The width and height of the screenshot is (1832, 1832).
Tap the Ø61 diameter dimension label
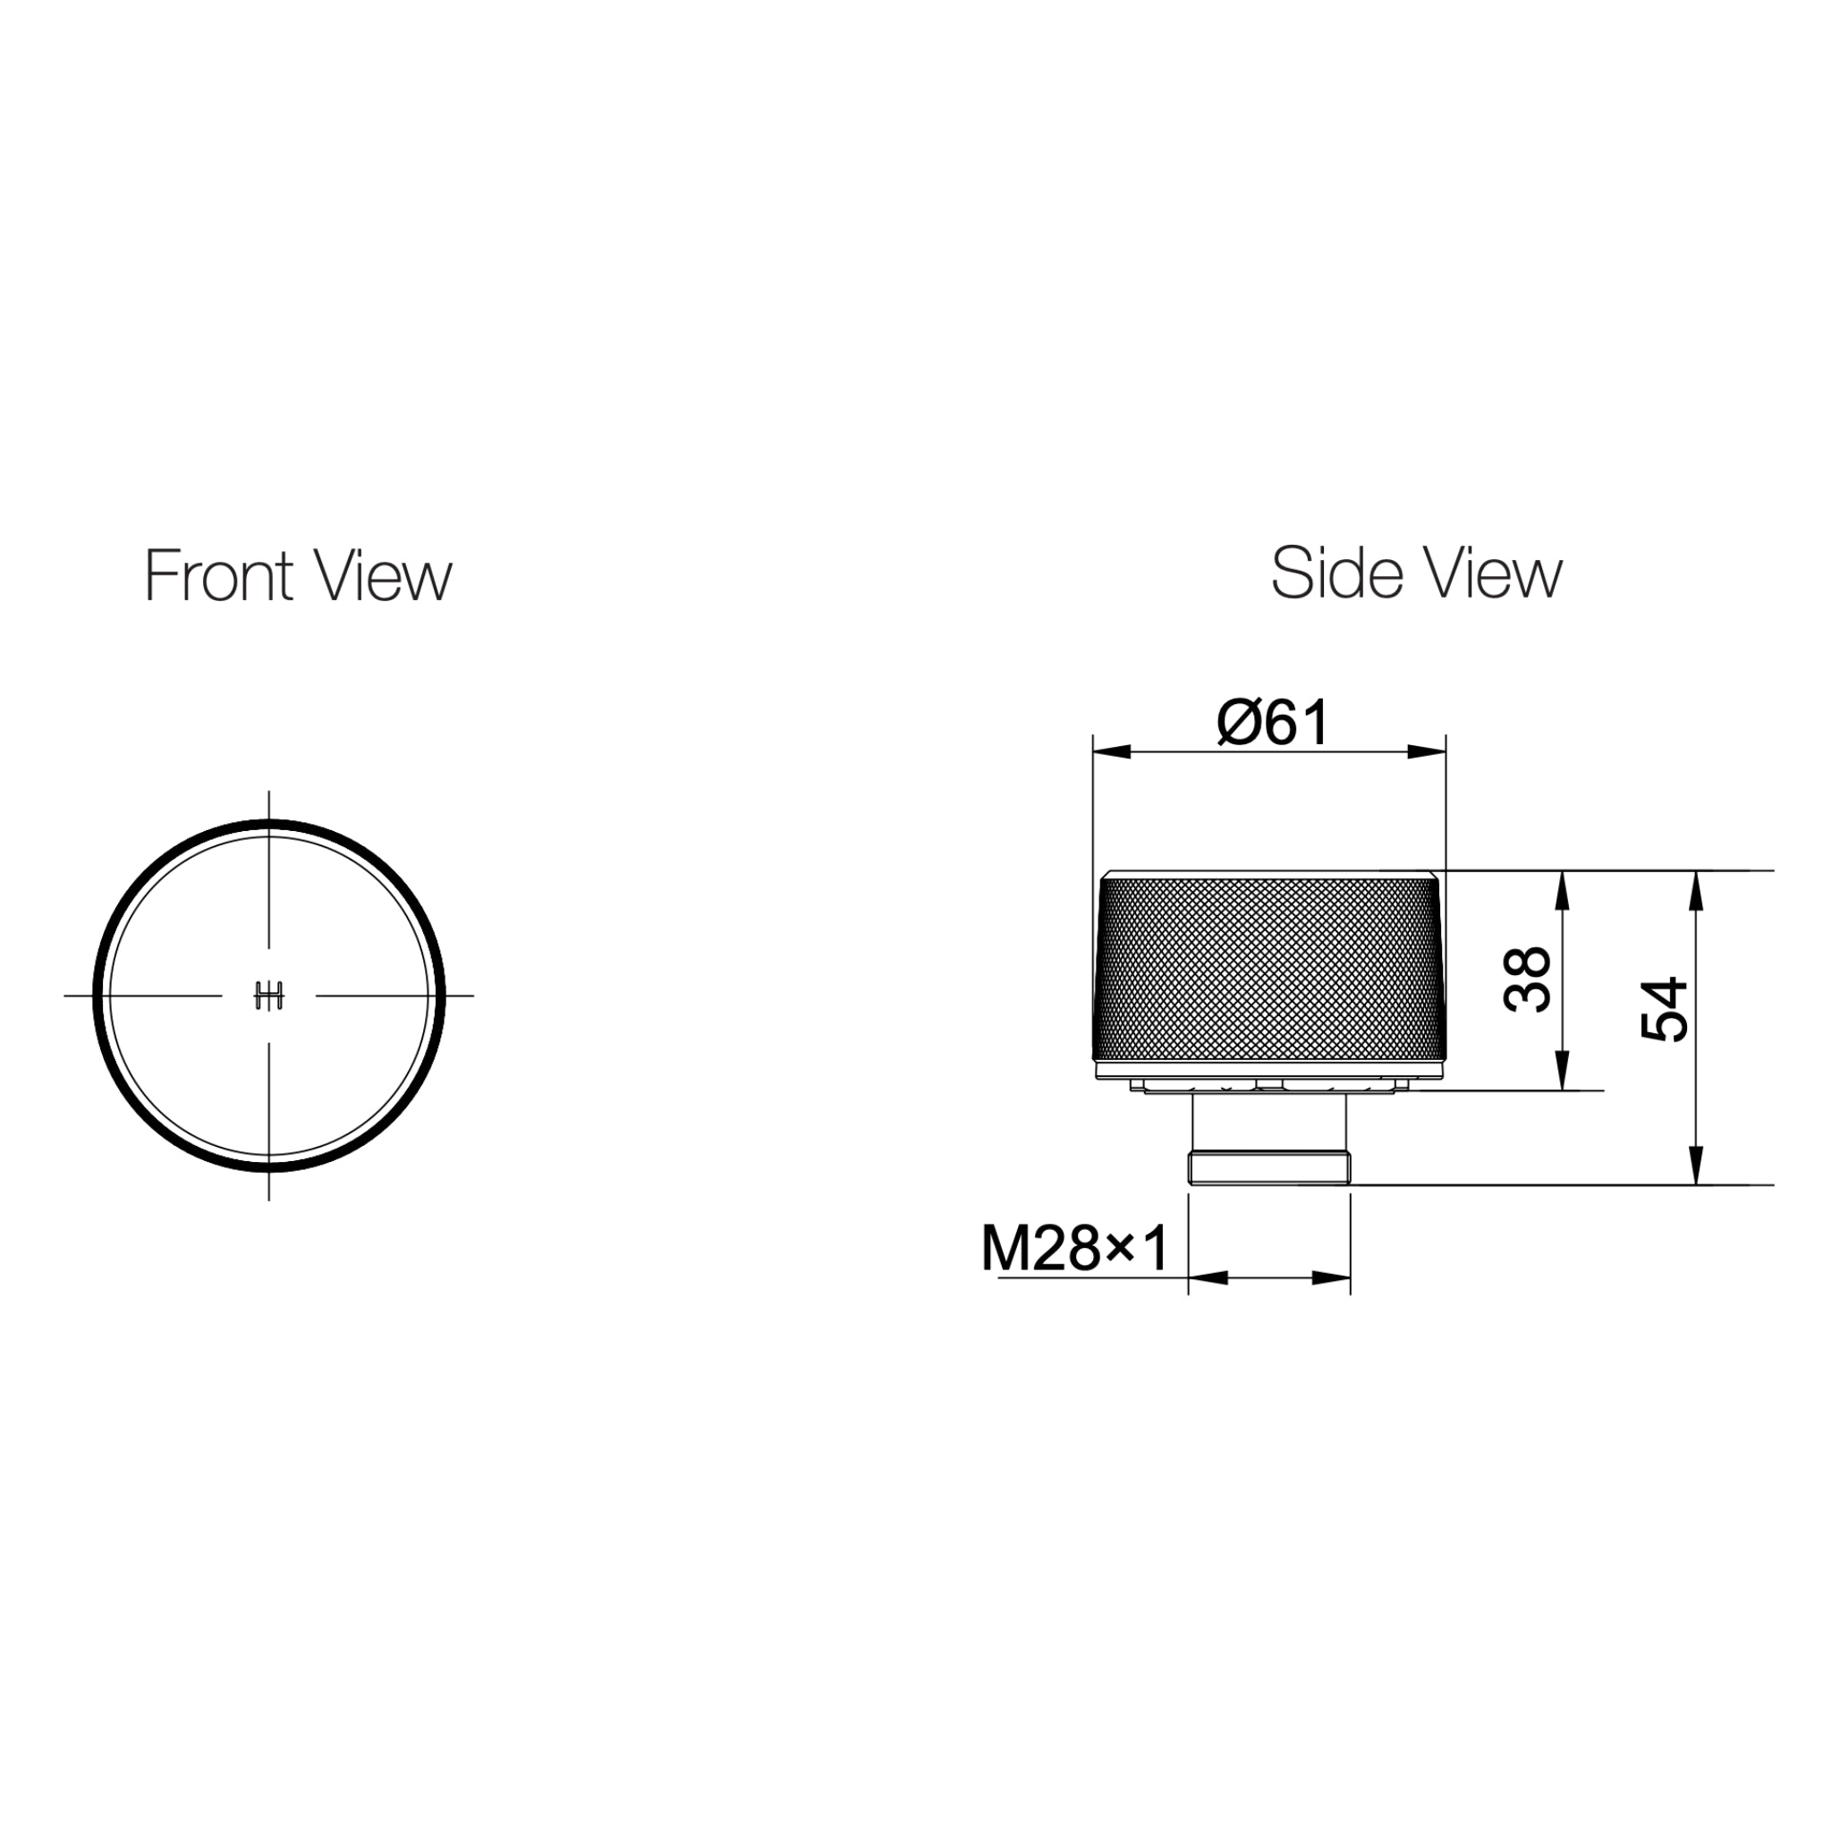click(x=1273, y=723)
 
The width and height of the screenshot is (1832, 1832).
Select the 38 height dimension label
click(x=1528, y=980)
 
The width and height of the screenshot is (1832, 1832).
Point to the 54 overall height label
click(x=1664, y=1010)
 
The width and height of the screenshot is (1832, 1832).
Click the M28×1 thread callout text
click(x=1075, y=1249)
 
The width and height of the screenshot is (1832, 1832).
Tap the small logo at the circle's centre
click(x=269, y=996)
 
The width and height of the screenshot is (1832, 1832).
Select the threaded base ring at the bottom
click(x=1269, y=1167)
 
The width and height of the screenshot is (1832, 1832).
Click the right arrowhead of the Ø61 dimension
click(x=1427, y=753)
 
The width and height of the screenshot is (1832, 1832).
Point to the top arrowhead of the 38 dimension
click(x=1564, y=888)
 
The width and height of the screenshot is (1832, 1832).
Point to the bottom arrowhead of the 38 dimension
click(x=1564, y=1073)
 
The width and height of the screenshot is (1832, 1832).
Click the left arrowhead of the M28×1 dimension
click(x=1207, y=1278)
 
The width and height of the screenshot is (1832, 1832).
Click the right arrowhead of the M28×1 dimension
click(x=1331, y=1278)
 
